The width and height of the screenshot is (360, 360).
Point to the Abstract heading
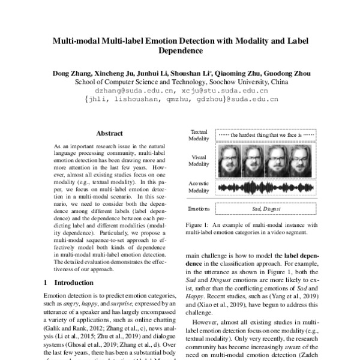point(109,133)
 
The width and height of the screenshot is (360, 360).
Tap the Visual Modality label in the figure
point(199,160)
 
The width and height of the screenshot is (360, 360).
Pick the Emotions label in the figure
point(199,209)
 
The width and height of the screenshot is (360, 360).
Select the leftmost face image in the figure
point(229,161)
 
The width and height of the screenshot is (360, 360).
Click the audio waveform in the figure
point(265,188)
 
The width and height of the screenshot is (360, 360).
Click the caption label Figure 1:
point(200,224)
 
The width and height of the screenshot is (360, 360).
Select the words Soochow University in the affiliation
point(232,82)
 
